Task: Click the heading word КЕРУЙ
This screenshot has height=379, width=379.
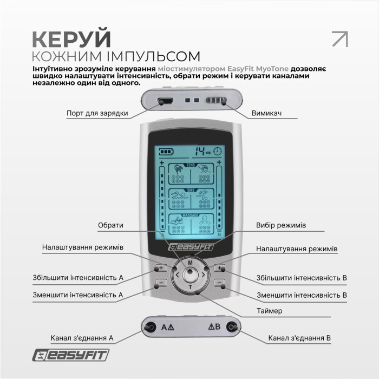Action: point(71,39)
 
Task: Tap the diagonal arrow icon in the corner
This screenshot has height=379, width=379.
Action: point(339,39)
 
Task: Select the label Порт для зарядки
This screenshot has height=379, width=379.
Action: point(97,113)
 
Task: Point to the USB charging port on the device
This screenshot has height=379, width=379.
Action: point(165,101)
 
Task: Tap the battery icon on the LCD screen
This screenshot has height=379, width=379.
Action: point(164,152)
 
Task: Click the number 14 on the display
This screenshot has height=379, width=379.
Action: point(201,151)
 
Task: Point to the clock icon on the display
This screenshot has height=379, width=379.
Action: point(217,152)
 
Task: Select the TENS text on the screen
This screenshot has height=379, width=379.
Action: point(190,165)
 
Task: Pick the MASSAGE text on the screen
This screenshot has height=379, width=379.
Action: point(190,215)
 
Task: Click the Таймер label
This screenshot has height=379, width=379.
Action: point(270,311)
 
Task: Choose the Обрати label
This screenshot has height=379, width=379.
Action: point(110,225)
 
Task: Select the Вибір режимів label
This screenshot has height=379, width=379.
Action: point(281,225)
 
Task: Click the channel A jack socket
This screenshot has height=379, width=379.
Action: point(148,327)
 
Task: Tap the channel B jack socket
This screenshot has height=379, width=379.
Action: point(232,327)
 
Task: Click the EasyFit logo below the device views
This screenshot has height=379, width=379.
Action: point(70,355)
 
